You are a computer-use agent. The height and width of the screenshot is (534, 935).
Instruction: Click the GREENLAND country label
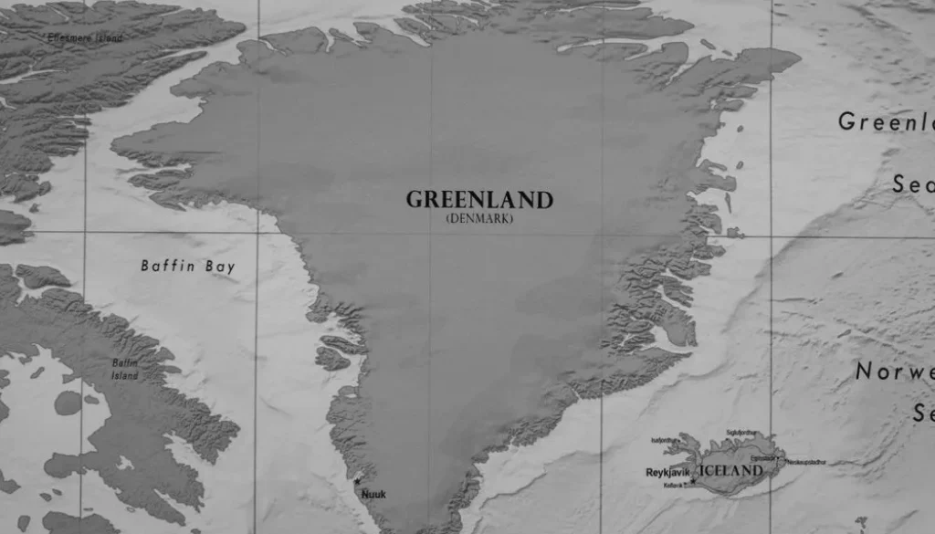click(479, 200)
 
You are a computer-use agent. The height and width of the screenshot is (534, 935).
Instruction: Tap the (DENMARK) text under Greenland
click(479, 219)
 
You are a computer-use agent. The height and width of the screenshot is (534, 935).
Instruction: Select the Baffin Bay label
click(188, 267)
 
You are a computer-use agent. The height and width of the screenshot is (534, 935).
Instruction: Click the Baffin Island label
click(125, 369)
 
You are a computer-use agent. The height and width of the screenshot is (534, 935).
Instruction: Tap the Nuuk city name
click(374, 495)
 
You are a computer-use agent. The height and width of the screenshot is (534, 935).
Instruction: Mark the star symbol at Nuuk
click(359, 481)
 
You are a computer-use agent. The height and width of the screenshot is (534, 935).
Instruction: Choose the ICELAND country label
click(730, 471)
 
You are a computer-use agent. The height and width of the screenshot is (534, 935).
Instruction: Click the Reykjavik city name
click(668, 473)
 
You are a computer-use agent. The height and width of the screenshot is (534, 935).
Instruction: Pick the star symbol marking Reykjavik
click(693, 480)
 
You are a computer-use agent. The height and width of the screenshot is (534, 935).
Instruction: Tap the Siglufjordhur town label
click(741, 433)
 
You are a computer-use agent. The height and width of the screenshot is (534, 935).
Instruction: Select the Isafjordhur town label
click(665, 440)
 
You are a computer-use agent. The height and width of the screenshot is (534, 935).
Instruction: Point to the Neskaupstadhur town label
click(805, 462)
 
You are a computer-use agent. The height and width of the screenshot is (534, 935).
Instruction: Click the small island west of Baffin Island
click(67, 402)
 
